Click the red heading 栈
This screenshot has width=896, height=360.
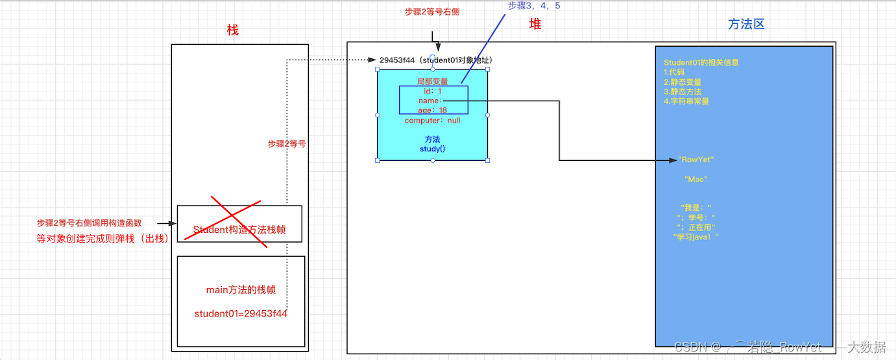233,30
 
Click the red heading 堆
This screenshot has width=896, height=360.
535,24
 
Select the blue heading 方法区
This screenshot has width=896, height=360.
746,24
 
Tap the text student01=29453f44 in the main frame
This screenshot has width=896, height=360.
241,314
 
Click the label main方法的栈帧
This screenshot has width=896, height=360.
241,289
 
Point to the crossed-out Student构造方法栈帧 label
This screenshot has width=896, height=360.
239,230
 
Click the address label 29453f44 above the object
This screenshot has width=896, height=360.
397,60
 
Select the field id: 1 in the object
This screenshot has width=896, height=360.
432,91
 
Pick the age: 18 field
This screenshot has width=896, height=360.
432,110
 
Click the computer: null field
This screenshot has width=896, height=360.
432,120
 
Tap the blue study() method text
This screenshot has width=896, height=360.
432,149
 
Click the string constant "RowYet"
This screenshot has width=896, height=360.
696,160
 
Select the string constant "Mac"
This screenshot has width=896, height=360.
696,179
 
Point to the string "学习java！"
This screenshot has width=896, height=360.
696,237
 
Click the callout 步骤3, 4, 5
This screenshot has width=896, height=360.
534,6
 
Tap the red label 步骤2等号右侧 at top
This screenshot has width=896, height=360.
432,11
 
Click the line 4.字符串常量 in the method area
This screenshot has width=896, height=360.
686,101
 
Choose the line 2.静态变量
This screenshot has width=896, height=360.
683,82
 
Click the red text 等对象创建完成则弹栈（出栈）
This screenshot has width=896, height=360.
103,238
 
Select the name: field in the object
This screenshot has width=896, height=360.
430,101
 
